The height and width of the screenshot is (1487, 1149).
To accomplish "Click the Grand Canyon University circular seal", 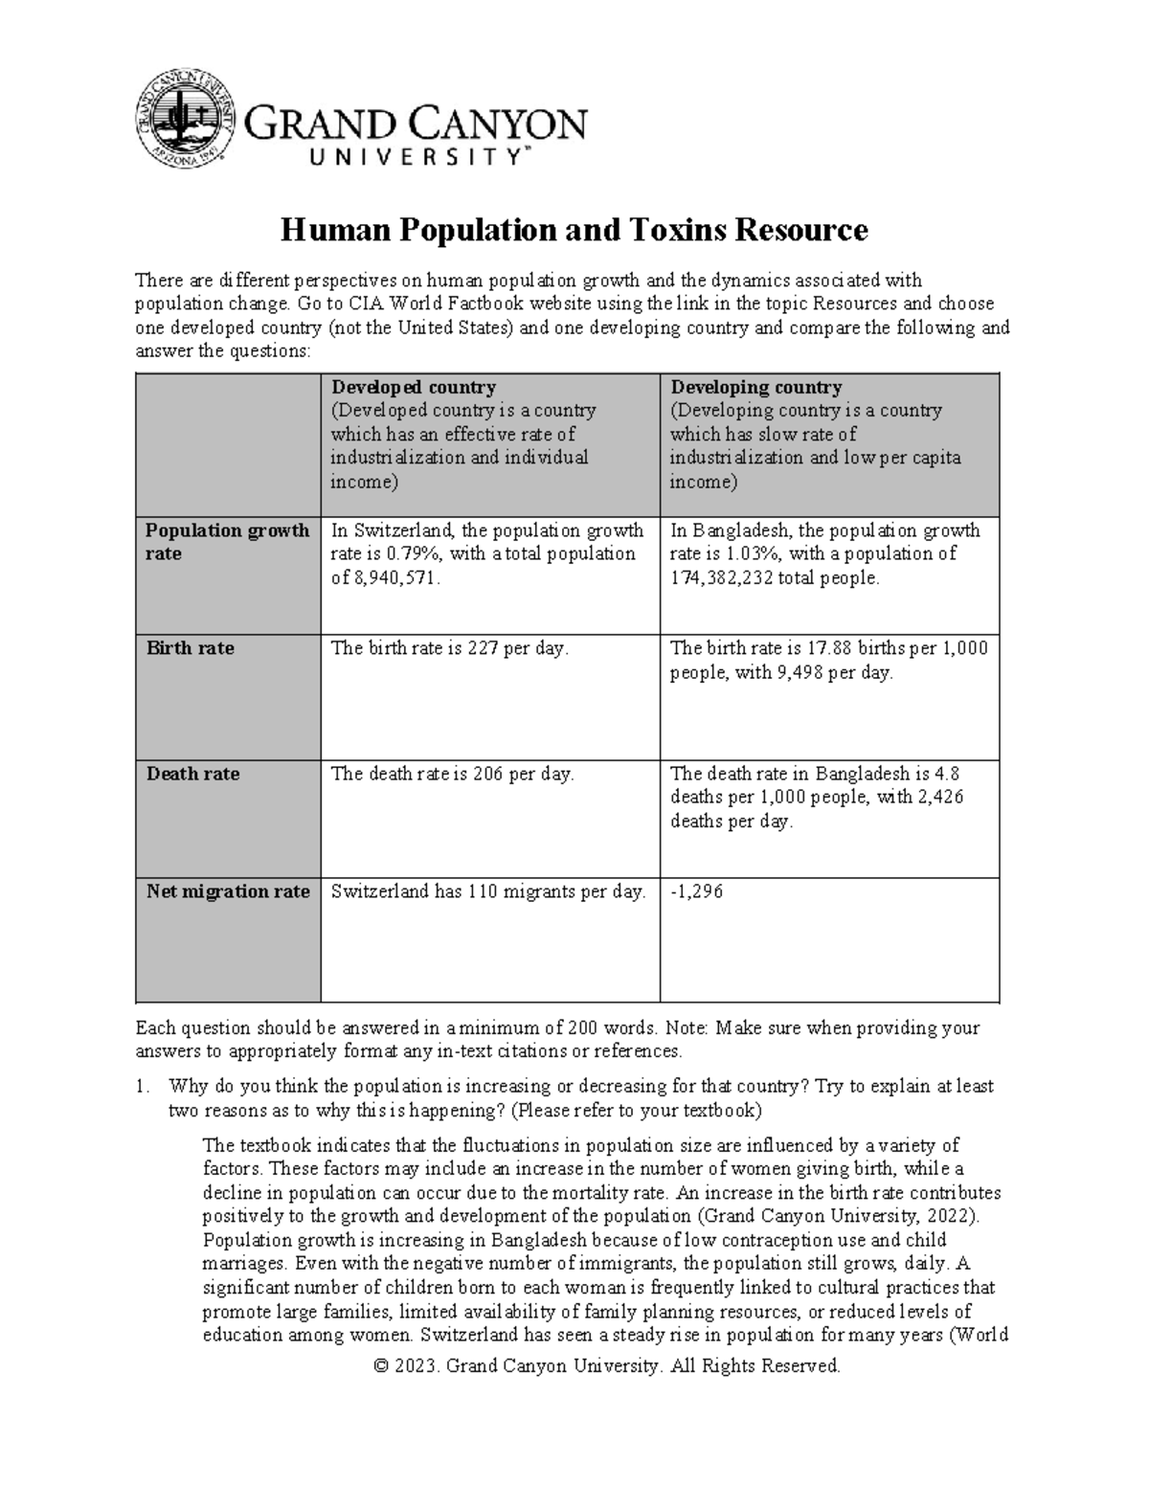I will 185,116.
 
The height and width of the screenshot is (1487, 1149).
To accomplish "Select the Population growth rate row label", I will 227,542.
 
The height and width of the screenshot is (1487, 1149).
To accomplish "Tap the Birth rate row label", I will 190,648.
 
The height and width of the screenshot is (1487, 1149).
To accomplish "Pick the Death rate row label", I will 192,774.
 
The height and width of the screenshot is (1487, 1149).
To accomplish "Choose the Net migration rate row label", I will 228,891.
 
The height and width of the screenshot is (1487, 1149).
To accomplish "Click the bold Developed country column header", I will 413,387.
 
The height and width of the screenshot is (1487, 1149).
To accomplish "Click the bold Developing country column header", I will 755,387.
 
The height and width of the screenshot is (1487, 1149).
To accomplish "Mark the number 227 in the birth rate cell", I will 484,648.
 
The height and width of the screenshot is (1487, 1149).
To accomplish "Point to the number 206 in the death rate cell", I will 488,774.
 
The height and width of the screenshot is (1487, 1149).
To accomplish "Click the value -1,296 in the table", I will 697,891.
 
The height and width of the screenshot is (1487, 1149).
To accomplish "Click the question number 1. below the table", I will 143,1087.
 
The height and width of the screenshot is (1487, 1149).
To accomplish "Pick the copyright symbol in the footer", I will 382,1366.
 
